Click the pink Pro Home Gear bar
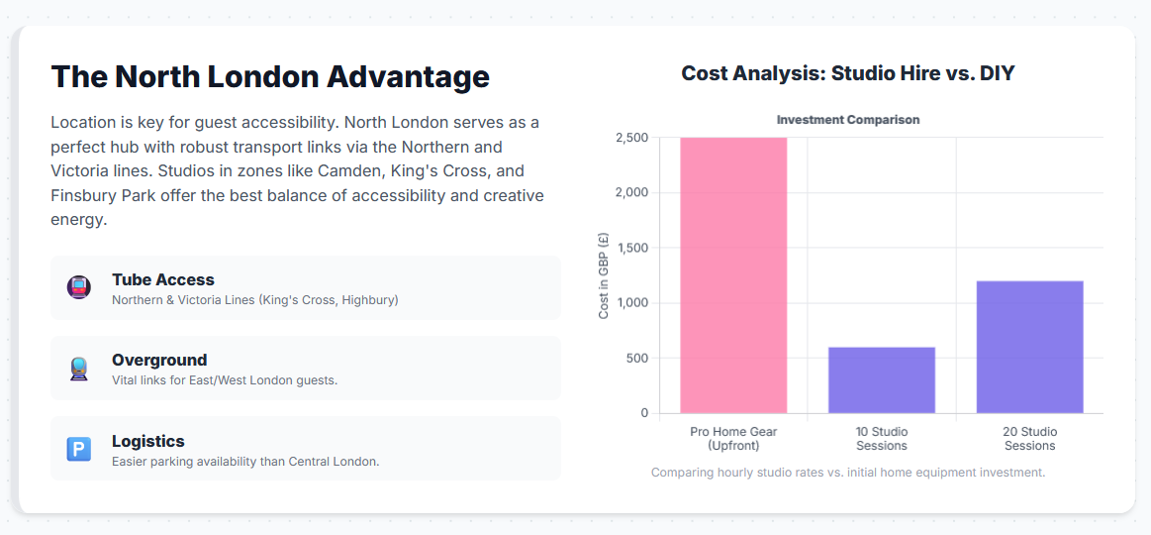pyautogui.click(x=733, y=274)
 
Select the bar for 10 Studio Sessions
pyautogui.click(x=882, y=379)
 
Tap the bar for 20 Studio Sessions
pyautogui.click(x=1030, y=347)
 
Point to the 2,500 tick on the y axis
pyautogui.click(x=633, y=138)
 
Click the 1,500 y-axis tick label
pyautogui.click(x=633, y=248)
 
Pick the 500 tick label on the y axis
pyautogui.click(x=638, y=358)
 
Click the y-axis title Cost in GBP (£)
pyautogui.click(x=604, y=274)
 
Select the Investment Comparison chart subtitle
pyautogui.click(x=848, y=119)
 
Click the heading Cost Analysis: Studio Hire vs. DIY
pyautogui.click(x=848, y=73)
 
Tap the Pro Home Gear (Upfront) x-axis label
pyautogui.click(x=733, y=438)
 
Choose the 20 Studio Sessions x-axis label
pyautogui.click(x=1030, y=438)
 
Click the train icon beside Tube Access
pyautogui.click(x=78, y=287)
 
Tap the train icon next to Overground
pyautogui.click(x=78, y=369)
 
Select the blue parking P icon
pyautogui.click(x=78, y=449)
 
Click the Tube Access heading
pyautogui.click(x=163, y=279)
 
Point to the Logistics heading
pyautogui.click(x=148, y=441)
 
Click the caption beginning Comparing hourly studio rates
pyautogui.click(x=848, y=472)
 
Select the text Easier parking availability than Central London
pyautogui.click(x=245, y=462)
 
